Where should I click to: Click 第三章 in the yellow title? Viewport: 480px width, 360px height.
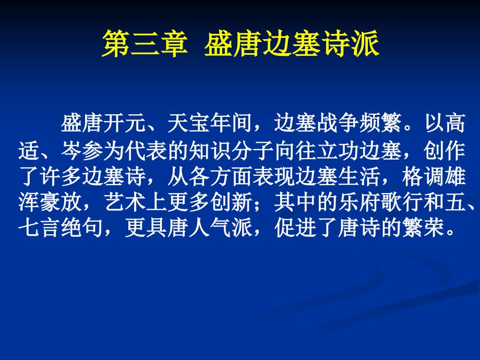(145, 43)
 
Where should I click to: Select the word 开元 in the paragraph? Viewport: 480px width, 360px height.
(125, 123)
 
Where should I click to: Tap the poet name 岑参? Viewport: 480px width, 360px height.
(82, 151)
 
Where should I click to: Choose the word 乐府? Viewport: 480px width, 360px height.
(359, 202)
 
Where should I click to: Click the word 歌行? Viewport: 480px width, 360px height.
(402, 202)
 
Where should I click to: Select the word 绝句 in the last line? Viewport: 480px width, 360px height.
(82, 228)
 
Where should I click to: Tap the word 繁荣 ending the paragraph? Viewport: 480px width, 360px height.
(423, 228)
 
